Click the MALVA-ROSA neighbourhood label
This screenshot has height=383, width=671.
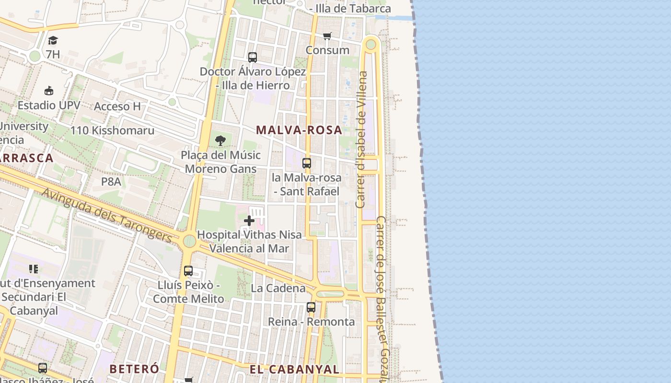pos(299,130)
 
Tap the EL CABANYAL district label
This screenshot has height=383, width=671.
pos(294,369)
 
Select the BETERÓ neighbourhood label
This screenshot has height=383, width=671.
pos(134,369)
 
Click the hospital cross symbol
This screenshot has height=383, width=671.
pos(249,221)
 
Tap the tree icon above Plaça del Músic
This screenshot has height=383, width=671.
pos(220,141)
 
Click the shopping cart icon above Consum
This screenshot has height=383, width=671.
pos(327,36)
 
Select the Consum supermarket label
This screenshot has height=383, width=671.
pos(327,50)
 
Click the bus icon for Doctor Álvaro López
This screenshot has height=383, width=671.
pos(253,57)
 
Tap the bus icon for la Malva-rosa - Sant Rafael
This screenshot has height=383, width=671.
pos(307,163)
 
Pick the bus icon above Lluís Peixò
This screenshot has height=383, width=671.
pos(188,271)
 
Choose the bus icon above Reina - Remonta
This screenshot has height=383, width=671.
pos(311,307)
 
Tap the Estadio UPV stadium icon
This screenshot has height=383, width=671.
pos(49,90)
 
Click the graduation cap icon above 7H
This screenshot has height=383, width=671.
pos(53,41)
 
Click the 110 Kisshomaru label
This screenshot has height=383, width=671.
pos(112,130)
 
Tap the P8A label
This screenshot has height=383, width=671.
pos(111,181)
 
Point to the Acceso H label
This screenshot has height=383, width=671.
pos(117,106)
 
